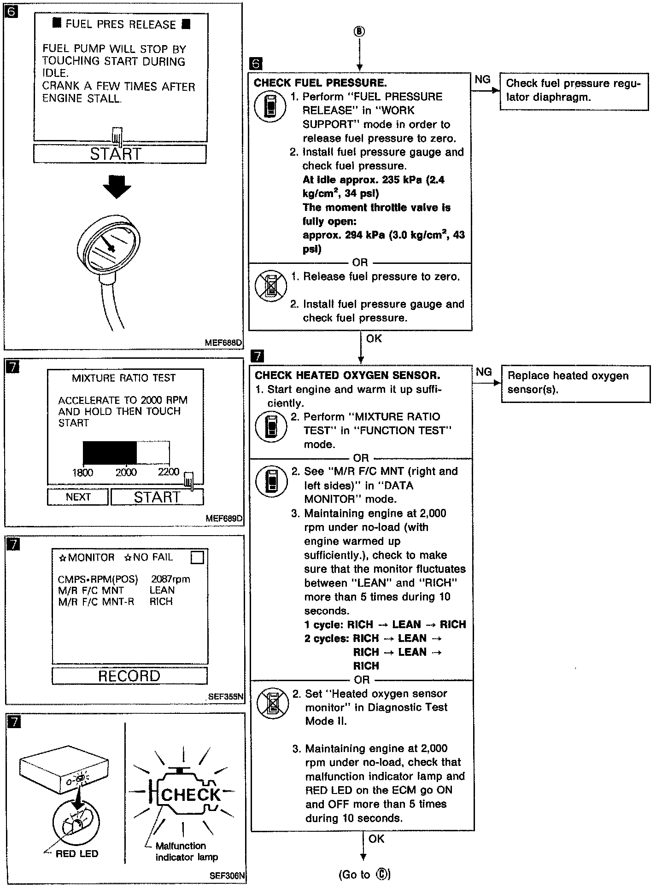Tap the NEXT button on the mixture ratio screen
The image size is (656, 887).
(78, 497)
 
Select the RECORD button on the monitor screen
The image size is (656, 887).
(129, 676)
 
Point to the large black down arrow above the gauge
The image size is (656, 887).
(117, 186)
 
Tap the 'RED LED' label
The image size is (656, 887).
(76, 853)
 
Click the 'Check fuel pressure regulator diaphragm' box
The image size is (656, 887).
(574, 90)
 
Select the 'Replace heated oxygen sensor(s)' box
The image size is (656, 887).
(576, 382)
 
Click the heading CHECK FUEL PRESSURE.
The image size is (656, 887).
(320, 83)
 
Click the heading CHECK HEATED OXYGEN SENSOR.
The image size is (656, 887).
(347, 375)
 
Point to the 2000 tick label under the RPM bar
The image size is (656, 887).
(126, 472)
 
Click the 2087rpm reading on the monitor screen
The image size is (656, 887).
(170, 579)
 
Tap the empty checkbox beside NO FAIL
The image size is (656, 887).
(197, 557)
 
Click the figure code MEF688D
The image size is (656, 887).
(223, 343)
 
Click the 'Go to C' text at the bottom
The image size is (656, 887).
(364, 874)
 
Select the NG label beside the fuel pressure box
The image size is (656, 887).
(482, 80)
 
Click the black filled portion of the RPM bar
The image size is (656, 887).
(110, 453)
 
